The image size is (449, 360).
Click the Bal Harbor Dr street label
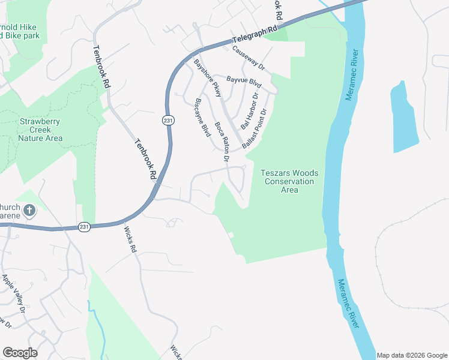tap(249, 111)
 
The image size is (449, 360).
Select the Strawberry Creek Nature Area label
tap(40, 130)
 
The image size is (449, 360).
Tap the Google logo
tap(20, 353)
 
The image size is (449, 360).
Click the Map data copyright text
tap(412, 355)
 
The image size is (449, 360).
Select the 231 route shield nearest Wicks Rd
tap(85, 227)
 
